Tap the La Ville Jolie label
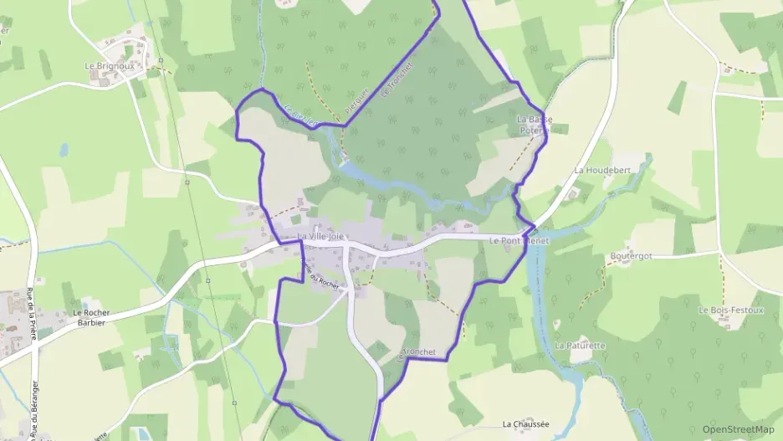pos(320,237)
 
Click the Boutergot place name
pos(631,256)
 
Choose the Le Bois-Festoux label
pos(731,310)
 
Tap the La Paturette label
pos(580,345)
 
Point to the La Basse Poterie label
pos(535,126)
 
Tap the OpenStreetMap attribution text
pos(738,429)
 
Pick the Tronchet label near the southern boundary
pos(419,352)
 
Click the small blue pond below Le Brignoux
pos(64,151)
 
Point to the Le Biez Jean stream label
pos(300,115)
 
